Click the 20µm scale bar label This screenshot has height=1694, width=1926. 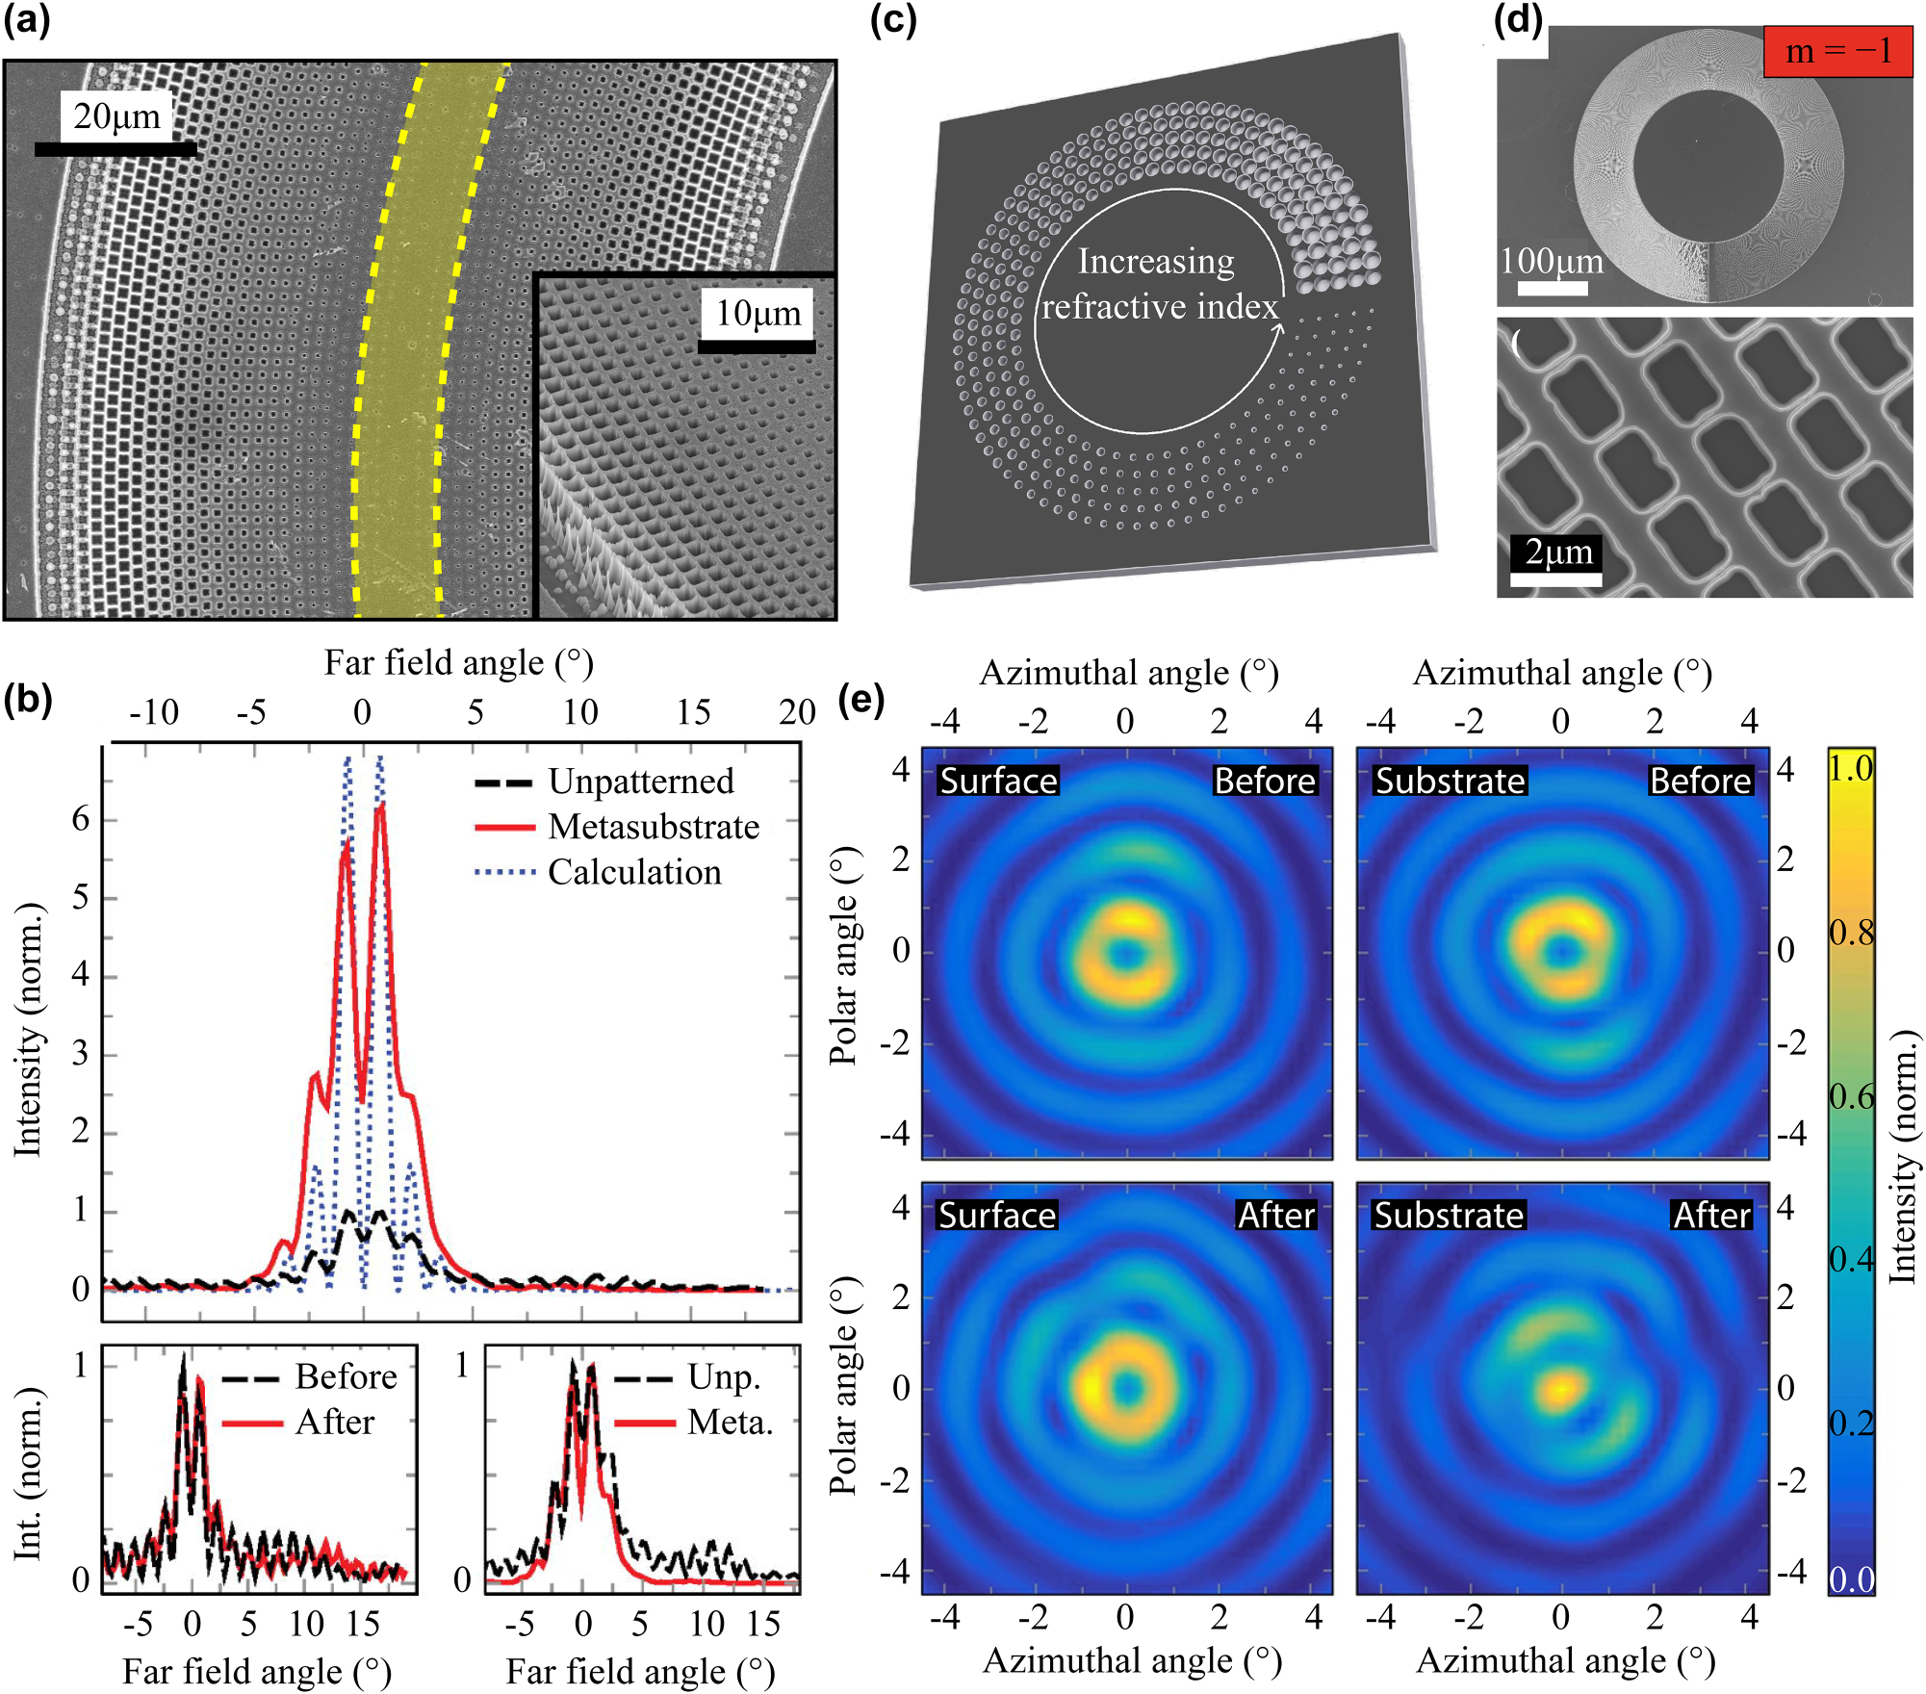(x=116, y=117)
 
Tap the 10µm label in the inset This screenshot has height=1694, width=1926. (x=758, y=314)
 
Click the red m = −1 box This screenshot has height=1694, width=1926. (x=1836, y=51)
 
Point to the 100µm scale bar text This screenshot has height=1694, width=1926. (x=1552, y=262)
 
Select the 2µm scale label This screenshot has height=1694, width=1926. (x=1558, y=553)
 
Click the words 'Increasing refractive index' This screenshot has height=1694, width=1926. (x=1159, y=284)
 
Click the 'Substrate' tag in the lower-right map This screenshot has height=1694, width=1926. (x=1449, y=1216)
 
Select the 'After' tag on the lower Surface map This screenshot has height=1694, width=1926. (x=1275, y=1216)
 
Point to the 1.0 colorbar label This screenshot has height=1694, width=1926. (x=1850, y=769)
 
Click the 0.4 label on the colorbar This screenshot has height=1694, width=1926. (x=1850, y=1259)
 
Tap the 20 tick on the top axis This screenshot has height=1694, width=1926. (x=797, y=712)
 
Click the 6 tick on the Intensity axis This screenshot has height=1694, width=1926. (x=81, y=820)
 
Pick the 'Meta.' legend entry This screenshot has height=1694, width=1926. (x=730, y=1422)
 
